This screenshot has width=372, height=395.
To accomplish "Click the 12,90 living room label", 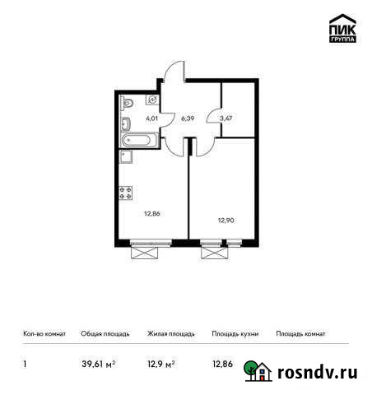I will tap(226, 220).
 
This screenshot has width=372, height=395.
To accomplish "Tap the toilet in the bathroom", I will tap(127, 103).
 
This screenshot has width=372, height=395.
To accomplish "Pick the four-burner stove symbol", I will tap(126, 193).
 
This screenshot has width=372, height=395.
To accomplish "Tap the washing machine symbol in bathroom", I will tap(152, 99).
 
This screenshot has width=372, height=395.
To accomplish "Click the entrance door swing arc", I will tap(173, 74).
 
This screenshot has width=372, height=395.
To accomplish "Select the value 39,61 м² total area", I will tap(98, 363).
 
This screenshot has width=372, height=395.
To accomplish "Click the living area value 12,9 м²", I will tap(160, 363).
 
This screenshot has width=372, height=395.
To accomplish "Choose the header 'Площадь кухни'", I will tap(235, 334).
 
